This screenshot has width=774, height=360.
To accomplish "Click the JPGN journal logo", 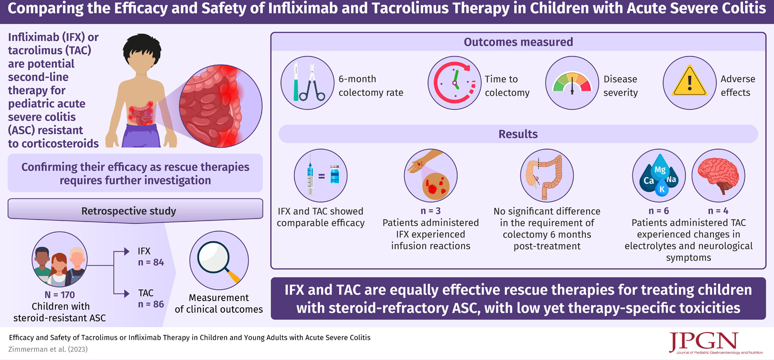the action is pos(715,343).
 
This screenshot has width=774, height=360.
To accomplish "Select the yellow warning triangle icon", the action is pos(689,80).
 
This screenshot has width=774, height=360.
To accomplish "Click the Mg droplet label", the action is pos(660,169).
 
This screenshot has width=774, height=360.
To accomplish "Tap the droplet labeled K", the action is pos(662,188).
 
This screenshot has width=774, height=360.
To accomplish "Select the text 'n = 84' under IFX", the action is pos(151,262).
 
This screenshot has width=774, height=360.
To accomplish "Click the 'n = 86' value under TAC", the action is pos(151,304).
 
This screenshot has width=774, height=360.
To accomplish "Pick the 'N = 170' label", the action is pos(60,295).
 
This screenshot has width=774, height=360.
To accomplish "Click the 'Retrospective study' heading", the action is pos(129,211).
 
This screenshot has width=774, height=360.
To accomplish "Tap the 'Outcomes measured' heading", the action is pos(518,42).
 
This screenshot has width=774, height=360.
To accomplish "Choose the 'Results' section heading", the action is pos(518,134).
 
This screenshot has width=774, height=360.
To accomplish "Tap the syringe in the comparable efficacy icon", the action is pos(310,175).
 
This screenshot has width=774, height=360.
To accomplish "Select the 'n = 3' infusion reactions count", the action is pos(430,211).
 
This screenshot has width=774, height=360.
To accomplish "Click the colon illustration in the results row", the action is pos(547,176).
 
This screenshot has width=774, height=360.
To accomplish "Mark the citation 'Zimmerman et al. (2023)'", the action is pos(48,349).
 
